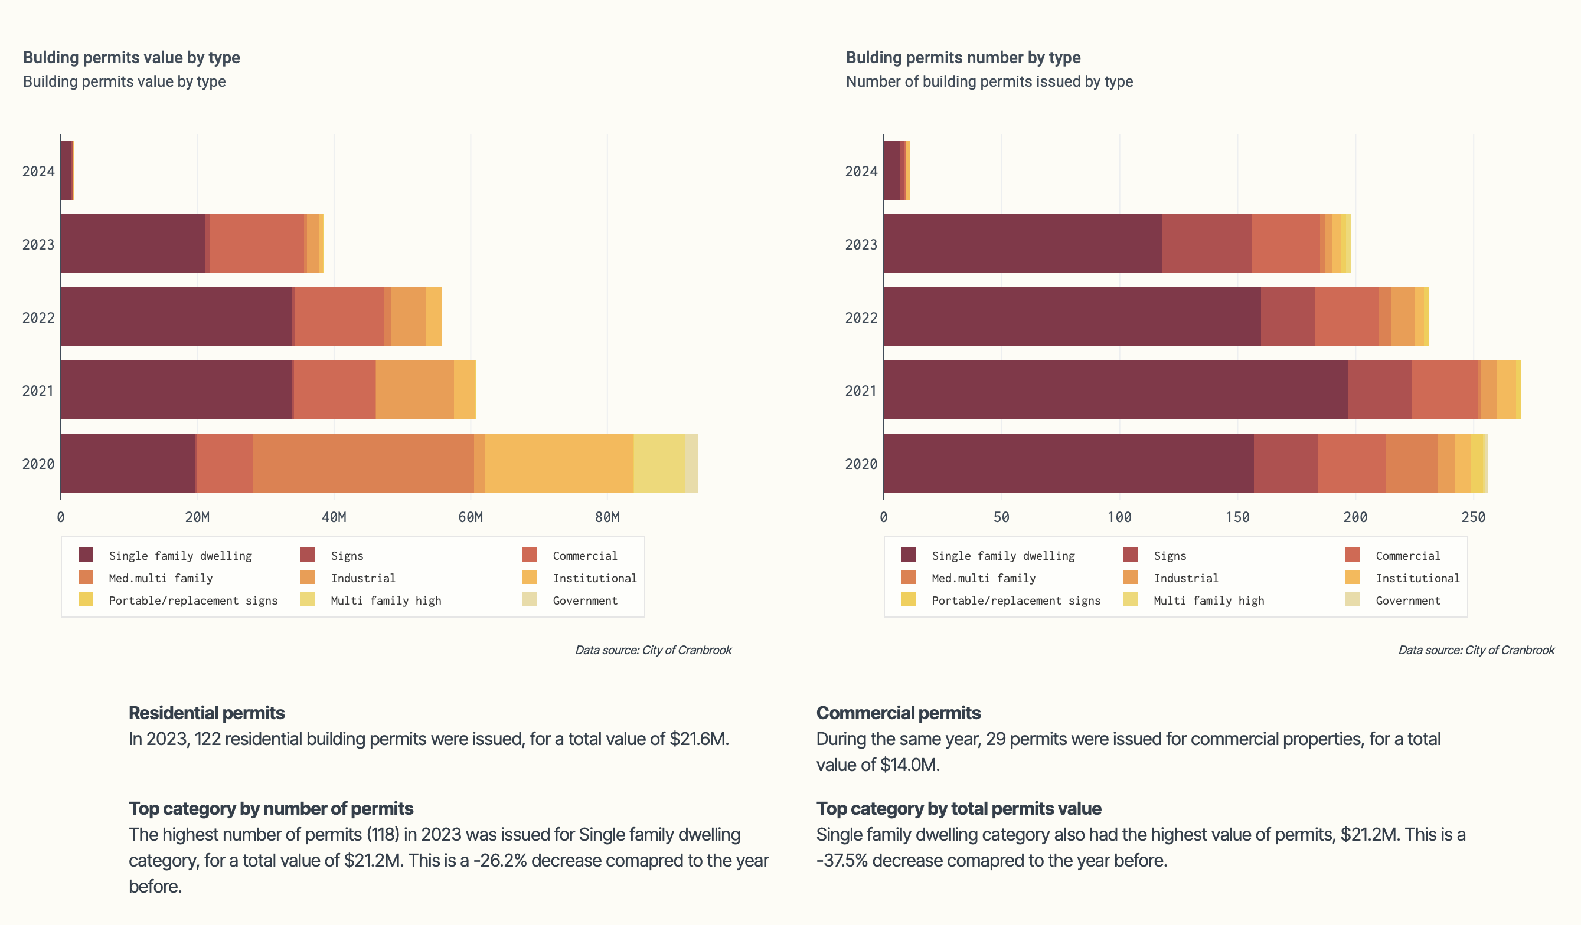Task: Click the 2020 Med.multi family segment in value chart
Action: point(364,463)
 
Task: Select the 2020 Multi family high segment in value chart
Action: point(659,463)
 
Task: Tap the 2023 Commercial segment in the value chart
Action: point(257,243)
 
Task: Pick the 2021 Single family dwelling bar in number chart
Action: point(1115,389)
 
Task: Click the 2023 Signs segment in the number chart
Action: point(1207,243)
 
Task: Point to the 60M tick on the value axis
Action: point(471,517)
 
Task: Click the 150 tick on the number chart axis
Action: point(1237,517)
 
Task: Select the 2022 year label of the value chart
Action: point(38,317)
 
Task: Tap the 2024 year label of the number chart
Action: point(861,171)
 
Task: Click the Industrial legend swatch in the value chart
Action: point(308,577)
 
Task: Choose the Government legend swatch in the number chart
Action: point(1352,599)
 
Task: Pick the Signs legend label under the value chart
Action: point(347,556)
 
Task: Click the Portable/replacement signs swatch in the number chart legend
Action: point(908,599)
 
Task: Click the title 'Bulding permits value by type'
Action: point(131,58)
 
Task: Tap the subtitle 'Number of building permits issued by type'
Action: point(989,81)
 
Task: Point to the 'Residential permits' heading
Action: point(207,713)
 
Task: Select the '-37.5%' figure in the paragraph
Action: point(842,861)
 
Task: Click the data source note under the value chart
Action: point(653,650)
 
